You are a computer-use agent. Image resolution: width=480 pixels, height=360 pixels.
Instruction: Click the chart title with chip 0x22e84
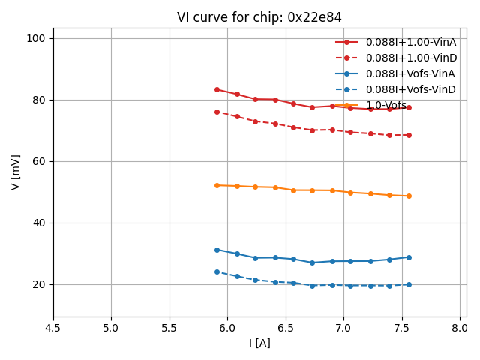click(x=259, y=17)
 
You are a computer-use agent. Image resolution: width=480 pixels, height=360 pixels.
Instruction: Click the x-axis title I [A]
click(x=259, y=343)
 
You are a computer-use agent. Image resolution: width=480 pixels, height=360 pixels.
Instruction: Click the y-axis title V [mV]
click(x=16, y=172)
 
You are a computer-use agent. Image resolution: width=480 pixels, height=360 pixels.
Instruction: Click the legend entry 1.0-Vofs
click(x=386, y=105)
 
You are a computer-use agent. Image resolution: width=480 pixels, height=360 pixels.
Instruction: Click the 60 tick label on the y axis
click(x=40, y=161)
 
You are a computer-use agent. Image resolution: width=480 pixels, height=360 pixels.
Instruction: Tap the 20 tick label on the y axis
click(x=40, y=284)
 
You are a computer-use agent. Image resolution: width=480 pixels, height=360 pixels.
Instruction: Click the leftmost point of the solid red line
click(x=217, y=89)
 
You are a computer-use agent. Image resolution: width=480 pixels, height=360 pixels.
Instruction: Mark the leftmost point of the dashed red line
click(x=217, y=112)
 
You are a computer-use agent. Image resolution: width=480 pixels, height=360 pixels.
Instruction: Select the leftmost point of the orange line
click(x=217, y=185)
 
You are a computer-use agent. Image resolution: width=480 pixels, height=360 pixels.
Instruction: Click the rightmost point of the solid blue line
click(x=409, y=257)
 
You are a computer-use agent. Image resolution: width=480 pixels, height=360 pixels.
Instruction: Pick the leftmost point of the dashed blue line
click(x=217, y=271)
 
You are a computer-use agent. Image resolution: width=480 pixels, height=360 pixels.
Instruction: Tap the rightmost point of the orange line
click(x=409, y=196)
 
